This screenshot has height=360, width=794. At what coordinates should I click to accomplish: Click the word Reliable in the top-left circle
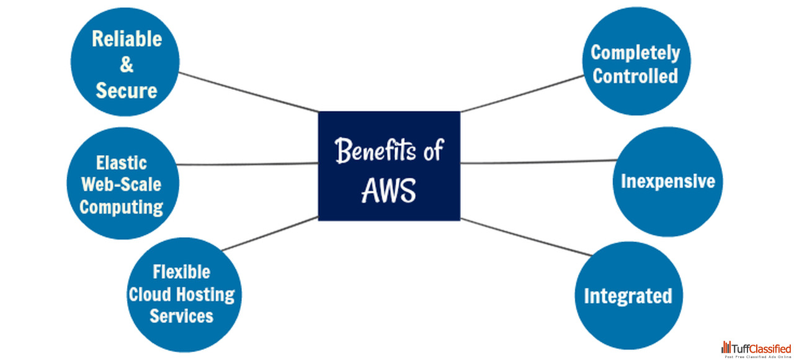pos(127,38)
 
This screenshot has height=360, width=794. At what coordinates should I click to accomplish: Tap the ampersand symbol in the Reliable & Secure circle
pos(127,65)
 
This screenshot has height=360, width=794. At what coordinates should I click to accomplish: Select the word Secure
pos(127,91)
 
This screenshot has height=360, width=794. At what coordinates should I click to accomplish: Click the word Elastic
pos(122,163)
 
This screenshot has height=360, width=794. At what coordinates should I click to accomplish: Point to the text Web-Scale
pos(122,184)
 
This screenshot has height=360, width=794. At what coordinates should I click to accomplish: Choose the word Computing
pos(122,207)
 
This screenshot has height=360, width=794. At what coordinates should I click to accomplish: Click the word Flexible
pos(182,272)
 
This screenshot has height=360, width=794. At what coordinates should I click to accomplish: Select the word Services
pos(182,315)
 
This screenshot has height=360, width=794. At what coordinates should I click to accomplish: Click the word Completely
pos(635,53)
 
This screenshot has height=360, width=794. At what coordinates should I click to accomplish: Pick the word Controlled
pos(635,76)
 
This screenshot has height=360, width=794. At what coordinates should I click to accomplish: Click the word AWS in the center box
pos(388,192)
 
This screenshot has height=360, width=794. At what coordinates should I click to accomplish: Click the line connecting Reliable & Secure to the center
pos(248,92)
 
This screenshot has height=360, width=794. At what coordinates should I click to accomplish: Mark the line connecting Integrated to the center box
pos(526,237)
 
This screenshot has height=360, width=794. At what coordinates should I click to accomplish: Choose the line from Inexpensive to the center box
pos(537,161)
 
